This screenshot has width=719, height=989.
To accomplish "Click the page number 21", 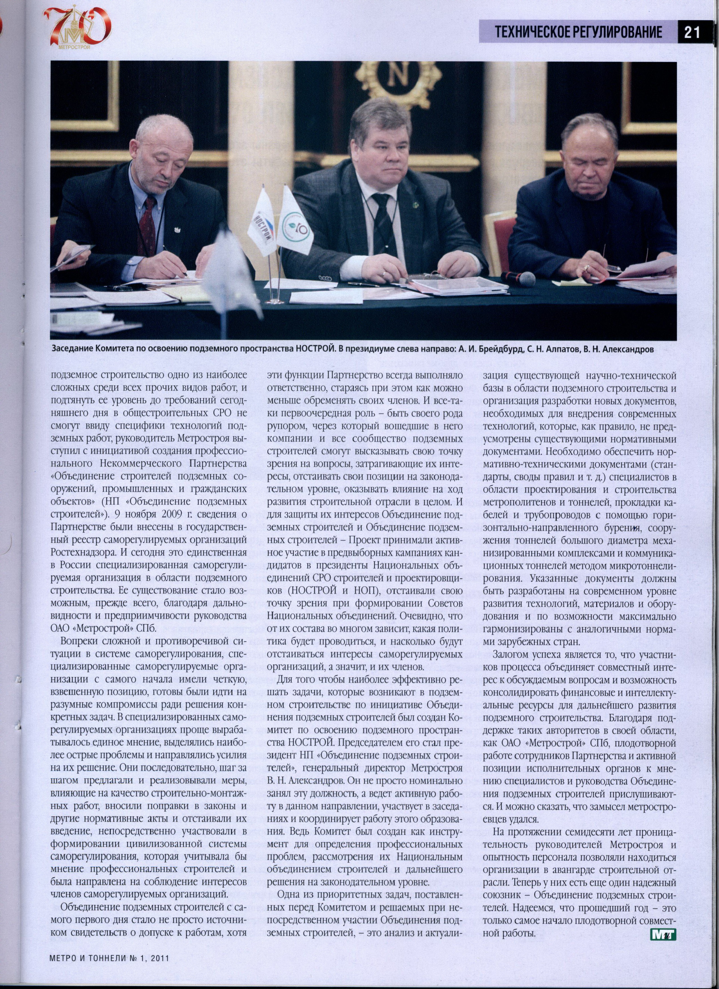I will pyautogui.click(x=692, y=32).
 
